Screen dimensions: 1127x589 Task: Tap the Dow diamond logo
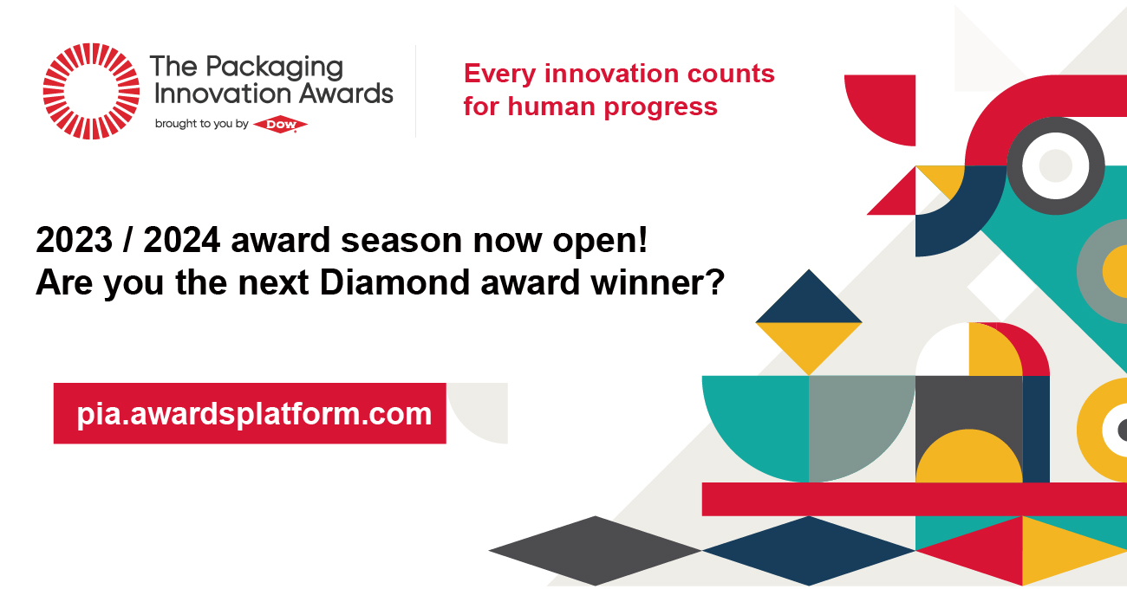pyautogui.click(x=280, y=125)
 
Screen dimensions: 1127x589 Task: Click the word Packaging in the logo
pyautogui.click(x=274, y=68)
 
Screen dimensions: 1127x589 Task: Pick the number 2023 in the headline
pyautogui.click(x=74, y=240)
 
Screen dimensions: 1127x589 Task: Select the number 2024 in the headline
pyautogui.click(x=182, y=240)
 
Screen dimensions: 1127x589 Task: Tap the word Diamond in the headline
pyautogui.click(x=394, y=282)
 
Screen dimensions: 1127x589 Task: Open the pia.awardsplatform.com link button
pyautogui.click(x=250, y=414)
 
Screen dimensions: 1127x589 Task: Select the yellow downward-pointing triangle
pyautogui.click(x=809, y=342)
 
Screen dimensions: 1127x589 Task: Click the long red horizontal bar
pyautogui.click(x=915, y=499)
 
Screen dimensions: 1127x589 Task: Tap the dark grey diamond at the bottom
pyautogui.click(x=596, y=551)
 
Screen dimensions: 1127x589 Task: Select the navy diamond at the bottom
pyautogui.click(x=809, y=551)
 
